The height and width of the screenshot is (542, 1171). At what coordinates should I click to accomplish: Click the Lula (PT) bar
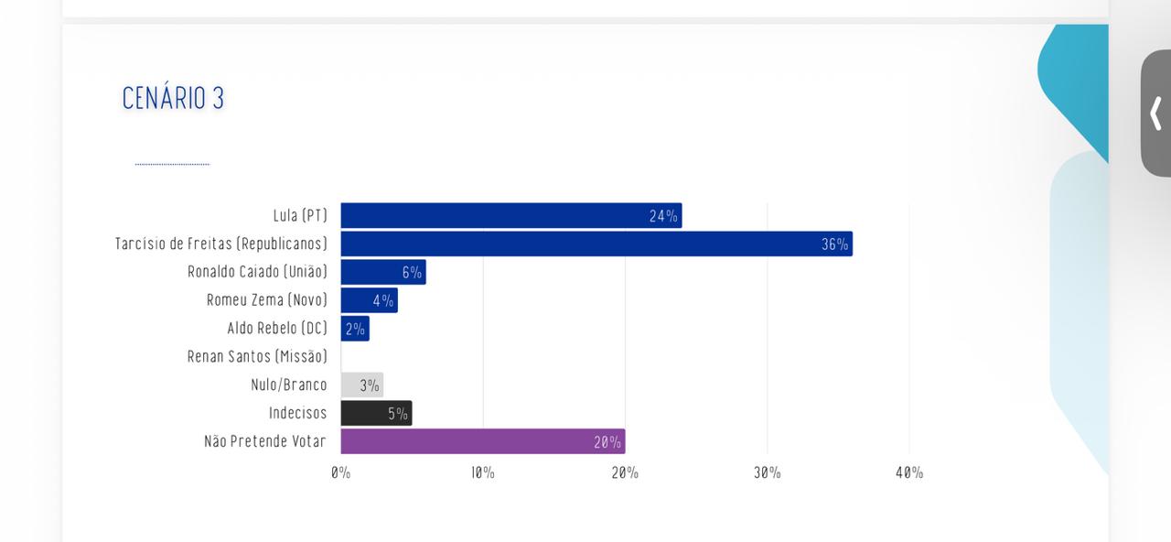(x=510, y=216)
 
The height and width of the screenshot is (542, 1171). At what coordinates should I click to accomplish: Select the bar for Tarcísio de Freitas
(x=596, y=244)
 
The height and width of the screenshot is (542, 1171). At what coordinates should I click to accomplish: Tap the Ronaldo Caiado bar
(x=382, y=272)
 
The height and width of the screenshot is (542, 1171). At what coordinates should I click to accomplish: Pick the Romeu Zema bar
(x=369, y=300)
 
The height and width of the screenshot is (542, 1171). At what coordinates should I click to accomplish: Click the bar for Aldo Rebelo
(x=355, y=329)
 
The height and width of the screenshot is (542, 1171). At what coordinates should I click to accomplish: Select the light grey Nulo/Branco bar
(x=361, y=385)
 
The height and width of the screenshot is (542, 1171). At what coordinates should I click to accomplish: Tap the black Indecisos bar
(x=376, y=414)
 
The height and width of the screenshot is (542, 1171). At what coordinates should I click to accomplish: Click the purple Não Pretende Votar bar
(x=482, y=441)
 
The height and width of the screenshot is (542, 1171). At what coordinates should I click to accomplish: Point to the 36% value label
(x=834, y=244)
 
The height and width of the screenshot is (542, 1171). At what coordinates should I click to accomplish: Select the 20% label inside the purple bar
(x=607, y=442)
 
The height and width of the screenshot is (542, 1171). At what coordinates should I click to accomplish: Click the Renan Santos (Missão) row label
(x=257, y=356)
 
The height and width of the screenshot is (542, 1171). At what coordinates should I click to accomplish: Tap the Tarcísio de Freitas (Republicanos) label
(x=220, y=244)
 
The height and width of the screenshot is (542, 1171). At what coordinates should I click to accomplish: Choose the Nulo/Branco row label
(x=288, y=385)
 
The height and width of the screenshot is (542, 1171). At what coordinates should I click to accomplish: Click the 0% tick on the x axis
(x=340, y=472)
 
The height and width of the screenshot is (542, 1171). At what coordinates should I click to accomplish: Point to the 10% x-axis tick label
(x=483, y=472)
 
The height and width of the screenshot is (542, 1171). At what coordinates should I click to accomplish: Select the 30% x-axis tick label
(x=767, y=472)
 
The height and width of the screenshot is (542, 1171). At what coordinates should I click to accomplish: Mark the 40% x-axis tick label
(x=909, y=472)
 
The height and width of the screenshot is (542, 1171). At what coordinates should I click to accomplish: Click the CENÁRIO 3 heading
(x=173, y=98)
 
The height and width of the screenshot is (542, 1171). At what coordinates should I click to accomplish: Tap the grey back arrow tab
(x=1155, y=114)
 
